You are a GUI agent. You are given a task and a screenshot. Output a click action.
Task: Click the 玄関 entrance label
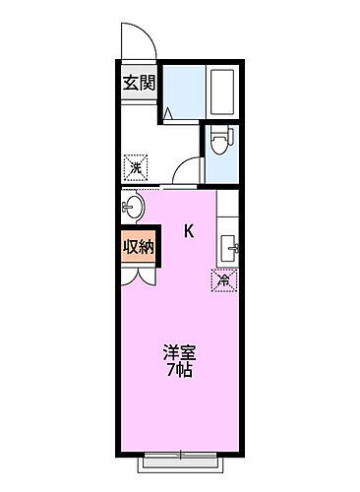click(x=138, y=83)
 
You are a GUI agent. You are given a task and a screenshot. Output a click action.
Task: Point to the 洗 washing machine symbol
click(x=137, y=168)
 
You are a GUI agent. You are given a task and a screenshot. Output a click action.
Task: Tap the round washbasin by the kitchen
click(x=134, y=208)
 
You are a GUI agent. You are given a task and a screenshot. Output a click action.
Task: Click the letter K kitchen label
click(x=189, y=232)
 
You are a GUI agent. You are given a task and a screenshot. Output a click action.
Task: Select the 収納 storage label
click(x=138, y=247)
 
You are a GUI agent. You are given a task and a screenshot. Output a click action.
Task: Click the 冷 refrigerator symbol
click(x=224, y=281)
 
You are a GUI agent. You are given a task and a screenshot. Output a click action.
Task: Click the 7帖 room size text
click(x=179, y=371)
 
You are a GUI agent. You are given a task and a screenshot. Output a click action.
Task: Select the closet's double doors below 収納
click(x=138, y=274)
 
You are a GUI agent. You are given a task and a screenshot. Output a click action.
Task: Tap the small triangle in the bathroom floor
click(x=169, y=114)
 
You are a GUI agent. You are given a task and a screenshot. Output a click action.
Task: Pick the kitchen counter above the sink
click(x=227, y=212)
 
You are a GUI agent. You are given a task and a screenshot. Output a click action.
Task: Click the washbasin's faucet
click(x=126, y=208)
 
